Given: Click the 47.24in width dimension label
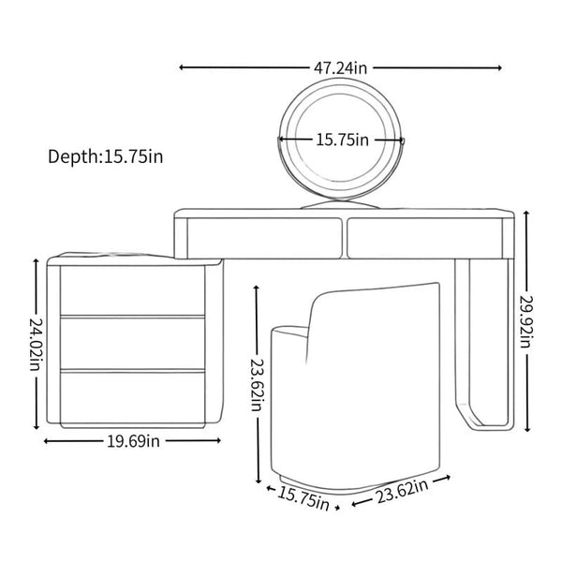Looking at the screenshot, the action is point(341,67).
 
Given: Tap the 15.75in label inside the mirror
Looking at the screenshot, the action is point(342,140).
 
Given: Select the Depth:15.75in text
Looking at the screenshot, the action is point(105,156).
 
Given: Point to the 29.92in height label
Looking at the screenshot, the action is point(525,321).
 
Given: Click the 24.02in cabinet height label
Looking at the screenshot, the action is point(36,344).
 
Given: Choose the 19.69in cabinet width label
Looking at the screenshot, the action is point(133,441).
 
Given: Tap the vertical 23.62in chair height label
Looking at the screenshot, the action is point(257,384).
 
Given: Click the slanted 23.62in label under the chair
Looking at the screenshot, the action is point(402,491).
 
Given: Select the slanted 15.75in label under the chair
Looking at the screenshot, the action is point(303,496).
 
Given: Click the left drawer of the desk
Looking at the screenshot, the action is point(264,237).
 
